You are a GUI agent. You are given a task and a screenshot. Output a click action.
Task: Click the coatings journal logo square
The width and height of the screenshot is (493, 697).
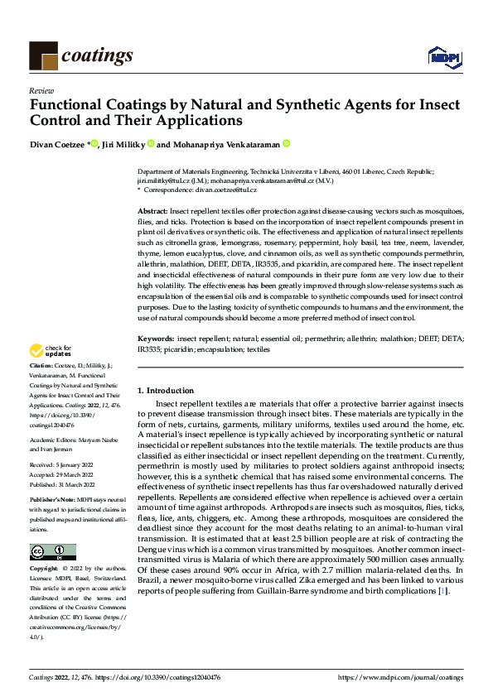tap(43, 55)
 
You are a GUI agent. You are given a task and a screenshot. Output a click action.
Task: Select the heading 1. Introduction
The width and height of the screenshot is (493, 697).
tap(166, 390)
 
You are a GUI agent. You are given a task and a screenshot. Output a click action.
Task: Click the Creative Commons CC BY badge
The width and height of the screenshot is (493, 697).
tap(52, 552)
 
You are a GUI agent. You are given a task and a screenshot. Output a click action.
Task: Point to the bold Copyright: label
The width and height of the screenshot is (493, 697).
tap(45, 570)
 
